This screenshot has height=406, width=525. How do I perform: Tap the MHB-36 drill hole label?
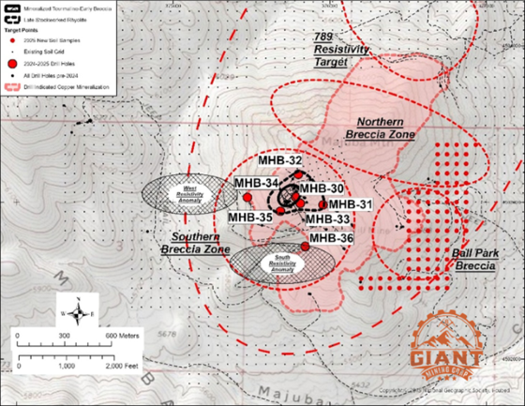(332, 238)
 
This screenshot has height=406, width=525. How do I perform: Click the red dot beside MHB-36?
(306, 246)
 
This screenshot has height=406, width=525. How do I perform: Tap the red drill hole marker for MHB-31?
(323, 204)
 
